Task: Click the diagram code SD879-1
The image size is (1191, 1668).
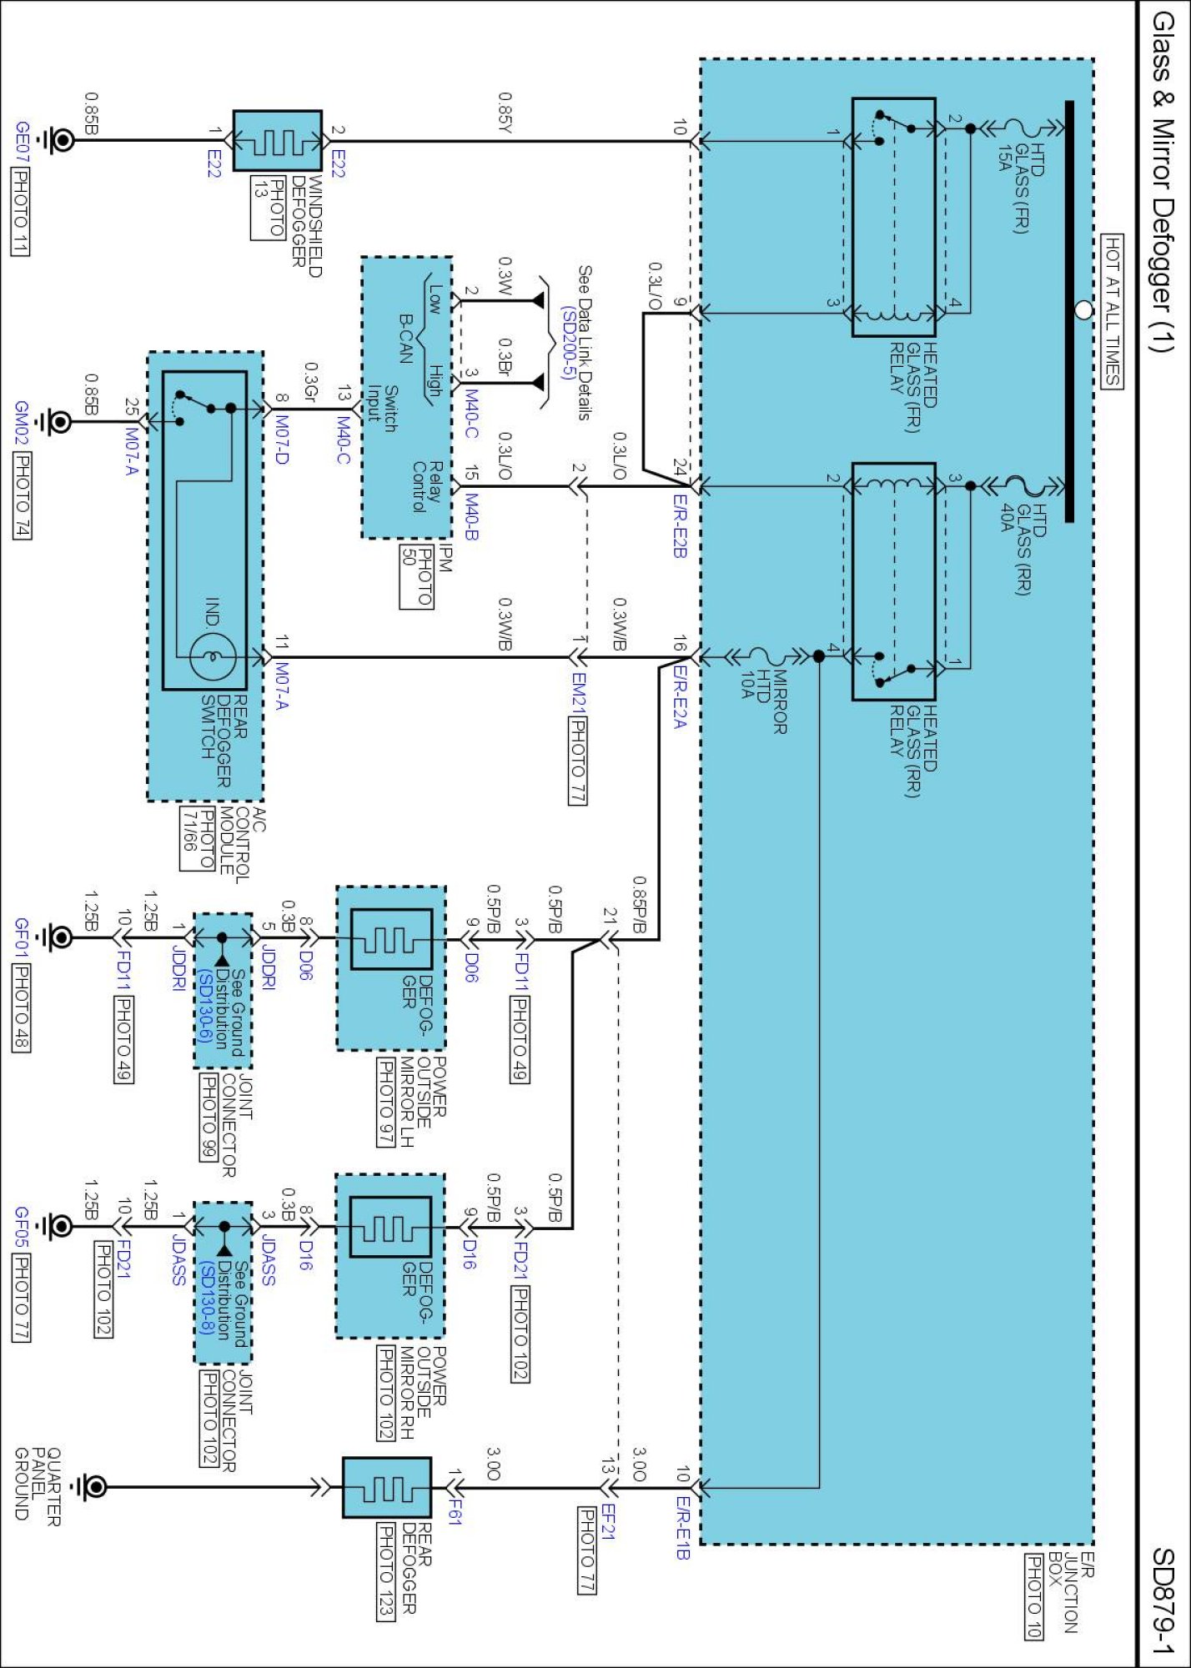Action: (x=1163, y=1600)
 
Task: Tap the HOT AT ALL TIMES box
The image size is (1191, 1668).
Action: (x=1112, y=311)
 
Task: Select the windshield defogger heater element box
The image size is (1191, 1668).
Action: (x=277, y=140)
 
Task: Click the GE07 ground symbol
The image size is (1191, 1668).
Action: (x=60, y=139)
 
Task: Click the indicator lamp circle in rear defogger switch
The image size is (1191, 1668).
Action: (x=213, y=657)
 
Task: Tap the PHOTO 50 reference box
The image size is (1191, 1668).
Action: (x=416, y=578)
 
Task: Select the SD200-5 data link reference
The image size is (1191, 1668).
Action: (x=567, y=343)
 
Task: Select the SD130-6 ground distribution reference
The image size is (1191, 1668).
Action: (x=204, y=1007)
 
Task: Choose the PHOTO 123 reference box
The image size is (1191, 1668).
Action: (x=386, y=1571)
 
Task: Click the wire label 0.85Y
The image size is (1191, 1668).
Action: (x=505, y=112)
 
